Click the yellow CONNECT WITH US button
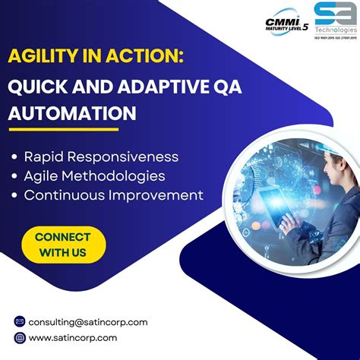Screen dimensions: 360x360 pyautogui.click(x=62, y=244)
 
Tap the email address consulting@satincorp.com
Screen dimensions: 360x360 pyautogui.click(x=88, y=322)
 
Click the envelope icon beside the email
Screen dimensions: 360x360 pyautogui.click(x=20, y=322)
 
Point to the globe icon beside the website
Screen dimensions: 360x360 pyautogui.click(x=20, y=338)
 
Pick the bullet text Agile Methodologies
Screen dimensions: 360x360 pyautogui.click(x=94, y=176)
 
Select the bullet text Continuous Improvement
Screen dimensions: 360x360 pyautogui.click(x=113, y=195)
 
